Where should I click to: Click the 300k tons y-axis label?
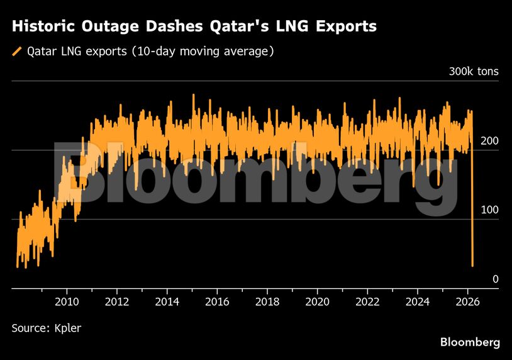pyautogui.click(x=473, y=72)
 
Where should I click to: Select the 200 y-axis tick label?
pyautogui.click(x=489, y=141)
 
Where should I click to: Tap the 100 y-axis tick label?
pyautogui.click(x=489, y=210)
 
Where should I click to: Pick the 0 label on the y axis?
pyautogui.click(x=495, y=279)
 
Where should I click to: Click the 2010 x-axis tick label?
pyautogui.click(x=67, y=301)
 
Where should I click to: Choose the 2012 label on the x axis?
pyautogui.click(x=117, y=301)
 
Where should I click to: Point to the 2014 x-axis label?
pyautogui.click(x=167, y=301)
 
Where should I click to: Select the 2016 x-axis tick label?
pyautogui.click(x=217, y=301)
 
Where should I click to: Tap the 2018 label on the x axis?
pyautogui.click(x=267, y=301)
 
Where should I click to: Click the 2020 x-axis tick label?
pyautogui.click(x=317, y=301)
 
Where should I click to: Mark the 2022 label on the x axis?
pyautogui.click(x=367, y=301)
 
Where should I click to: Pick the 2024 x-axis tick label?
pyautogui.click(x=417, y=301)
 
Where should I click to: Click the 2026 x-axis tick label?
pyautogui.click(x=467, y=301)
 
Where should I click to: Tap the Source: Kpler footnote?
pyautogui.click(x=47, y=328)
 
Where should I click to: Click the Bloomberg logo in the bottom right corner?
pyautogui.click(x=470, y=342)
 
